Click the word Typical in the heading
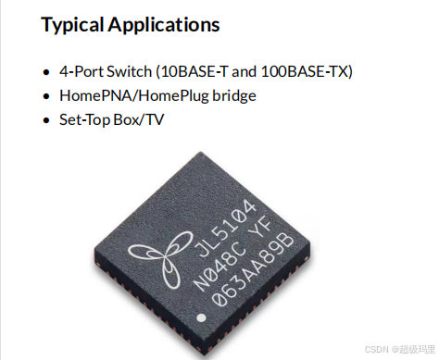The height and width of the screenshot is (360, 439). coord(71,25)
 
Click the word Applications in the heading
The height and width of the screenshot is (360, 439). coord(162,25)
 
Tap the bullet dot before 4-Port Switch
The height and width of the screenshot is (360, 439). coord(47,72)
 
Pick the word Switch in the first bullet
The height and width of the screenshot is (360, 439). coord(127,72)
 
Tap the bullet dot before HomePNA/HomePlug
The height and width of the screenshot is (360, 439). coord(47,96)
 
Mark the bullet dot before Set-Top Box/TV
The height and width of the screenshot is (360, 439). coord(47,120)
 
